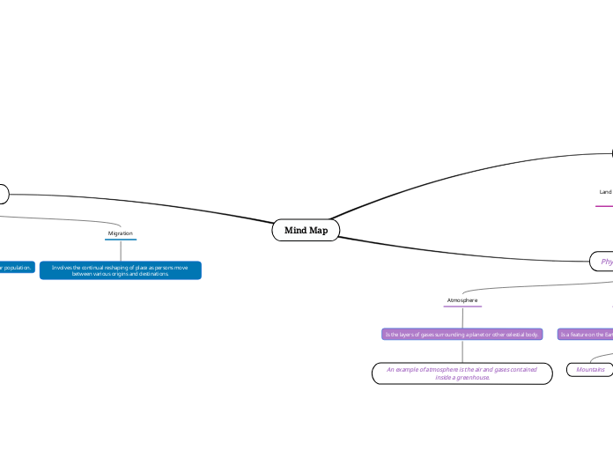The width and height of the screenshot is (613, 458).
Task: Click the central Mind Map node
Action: (x=306, y=231)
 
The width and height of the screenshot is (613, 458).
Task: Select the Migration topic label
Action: (x=121, y=233)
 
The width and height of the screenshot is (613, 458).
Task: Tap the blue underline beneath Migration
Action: (x=121, y=240)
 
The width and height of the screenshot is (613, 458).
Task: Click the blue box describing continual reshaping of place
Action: (x=121, y=270)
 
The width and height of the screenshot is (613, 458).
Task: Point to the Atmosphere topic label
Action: (x=462, y=300)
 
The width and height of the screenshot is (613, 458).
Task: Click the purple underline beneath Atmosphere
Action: (x=462, y=307)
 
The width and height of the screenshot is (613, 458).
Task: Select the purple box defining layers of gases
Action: (x=462, y=334)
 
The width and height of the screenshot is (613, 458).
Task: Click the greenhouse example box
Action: (x=462, y=373)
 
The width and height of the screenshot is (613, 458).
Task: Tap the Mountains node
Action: (x=590, y=370)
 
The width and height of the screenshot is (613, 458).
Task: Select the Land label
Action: (x=605, y=191)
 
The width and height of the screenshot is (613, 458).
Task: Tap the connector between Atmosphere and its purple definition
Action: (x=462, y=318)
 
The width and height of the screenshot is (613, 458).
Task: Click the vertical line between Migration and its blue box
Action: (x=121, y=250)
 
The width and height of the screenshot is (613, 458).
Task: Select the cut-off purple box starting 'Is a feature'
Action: (x=586, y=334)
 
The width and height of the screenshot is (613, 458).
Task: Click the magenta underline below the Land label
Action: (x=604, y=206)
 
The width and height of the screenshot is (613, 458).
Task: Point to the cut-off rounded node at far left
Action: (x=4, y=193)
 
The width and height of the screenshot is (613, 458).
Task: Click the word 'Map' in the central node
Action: (x=318, y=231)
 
